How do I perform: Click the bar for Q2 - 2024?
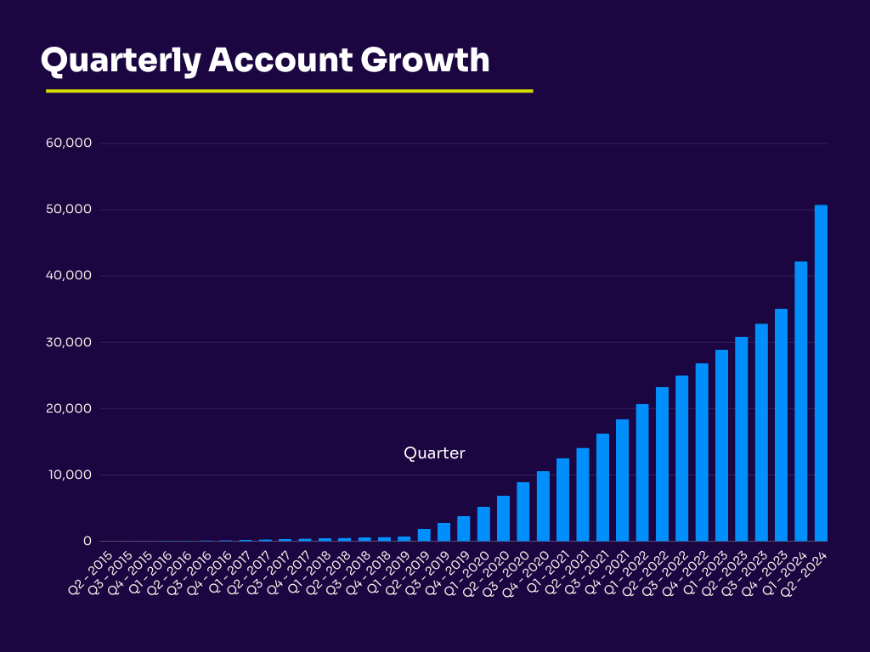[821, 374]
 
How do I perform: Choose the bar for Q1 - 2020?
[483, 524]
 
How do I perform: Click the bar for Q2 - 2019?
[424, 535]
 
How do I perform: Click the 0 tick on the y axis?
[87, 541]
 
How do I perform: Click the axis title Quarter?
[434, 453]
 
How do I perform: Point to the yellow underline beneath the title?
[289, 91]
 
